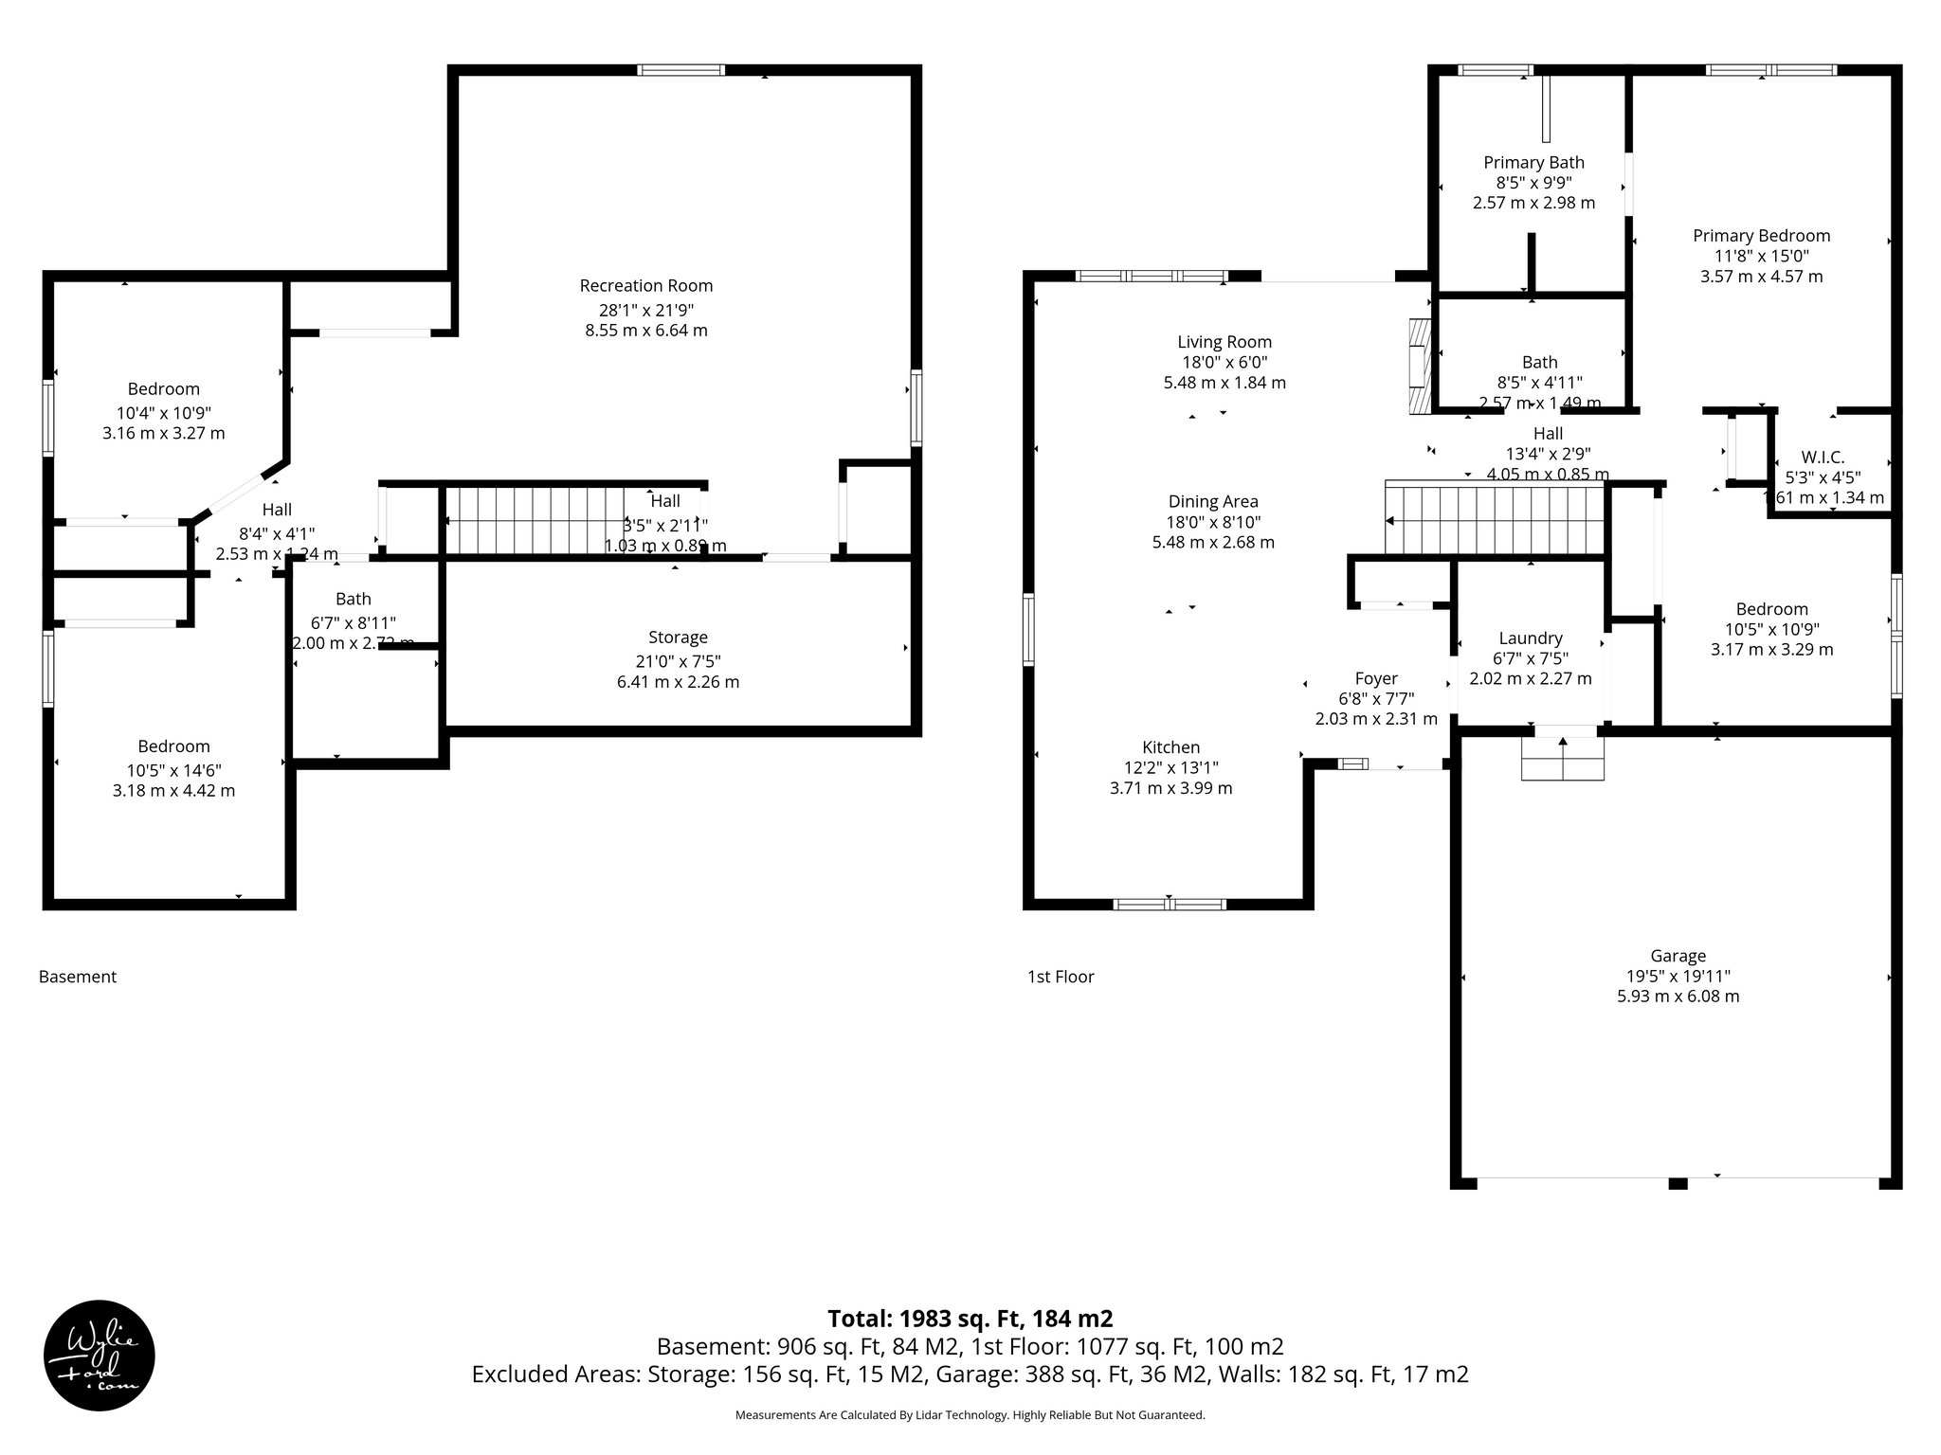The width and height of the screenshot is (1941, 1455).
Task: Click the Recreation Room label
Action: tap(645, 285)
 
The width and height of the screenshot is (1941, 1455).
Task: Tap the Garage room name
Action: tap(1678, 956)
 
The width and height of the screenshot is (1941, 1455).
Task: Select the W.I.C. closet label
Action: tap(1823, 458)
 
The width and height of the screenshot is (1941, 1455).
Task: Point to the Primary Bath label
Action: tap(1533, 162)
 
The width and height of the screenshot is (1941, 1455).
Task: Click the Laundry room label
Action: tap(1530, 638)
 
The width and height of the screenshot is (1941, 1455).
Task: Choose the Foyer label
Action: tap(1376, 678)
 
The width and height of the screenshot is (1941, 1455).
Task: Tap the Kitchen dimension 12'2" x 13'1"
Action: tap(1170, 768)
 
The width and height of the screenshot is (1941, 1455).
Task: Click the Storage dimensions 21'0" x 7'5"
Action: tap(678, 661)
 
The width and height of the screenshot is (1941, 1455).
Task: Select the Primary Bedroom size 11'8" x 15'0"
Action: tap(1761, 256)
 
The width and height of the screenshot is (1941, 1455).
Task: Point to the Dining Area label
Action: tap(1213, 501)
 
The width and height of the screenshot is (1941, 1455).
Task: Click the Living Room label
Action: tap(1224, 342)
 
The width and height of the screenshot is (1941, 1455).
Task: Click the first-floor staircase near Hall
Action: tap(1495, 520)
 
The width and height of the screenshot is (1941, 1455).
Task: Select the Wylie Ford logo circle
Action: tap(100, 1356)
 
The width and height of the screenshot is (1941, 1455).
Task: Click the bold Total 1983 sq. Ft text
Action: tap(970, 1319)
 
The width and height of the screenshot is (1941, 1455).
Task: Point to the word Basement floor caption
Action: tap(78, 977)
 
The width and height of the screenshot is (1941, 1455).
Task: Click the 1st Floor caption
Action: tap(1061, 977)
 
